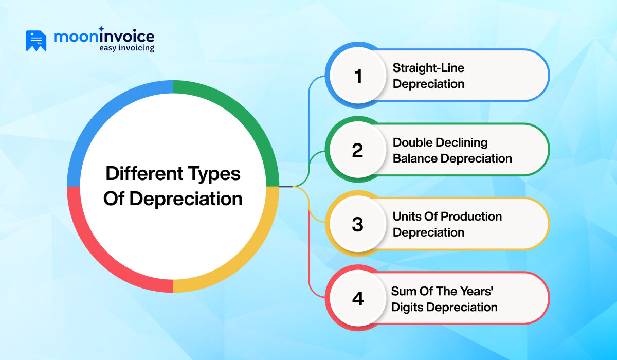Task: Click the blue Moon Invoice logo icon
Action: [x=36, y=41]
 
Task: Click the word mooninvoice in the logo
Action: [x=103, y=37]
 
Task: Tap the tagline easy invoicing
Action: [x=126, y=48]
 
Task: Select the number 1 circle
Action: [x=358, y=76]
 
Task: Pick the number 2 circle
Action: [x=358, y=150]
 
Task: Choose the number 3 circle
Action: [x=358, y=224]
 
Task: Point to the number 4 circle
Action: [x=358, y=299]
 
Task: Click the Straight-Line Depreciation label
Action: [x=428, y=76]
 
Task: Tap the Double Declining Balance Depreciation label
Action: [x=452, y=150]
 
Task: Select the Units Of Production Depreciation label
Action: [x=447, y=224]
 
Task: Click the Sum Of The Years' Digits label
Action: [x=444, y=299]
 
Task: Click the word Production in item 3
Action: [x=472, y=217]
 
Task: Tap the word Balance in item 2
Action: [x=414, y=158]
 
